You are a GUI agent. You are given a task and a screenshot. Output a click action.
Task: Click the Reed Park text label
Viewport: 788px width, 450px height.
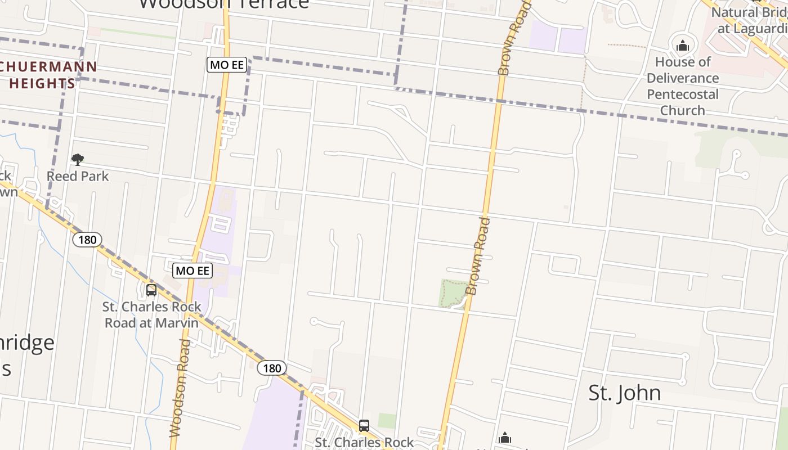[x=78, y=176]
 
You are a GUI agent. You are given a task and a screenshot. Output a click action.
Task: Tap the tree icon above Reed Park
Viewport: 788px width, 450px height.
[x=78, y=160]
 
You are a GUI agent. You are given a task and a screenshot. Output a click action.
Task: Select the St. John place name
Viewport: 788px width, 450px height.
[x=624, y=393]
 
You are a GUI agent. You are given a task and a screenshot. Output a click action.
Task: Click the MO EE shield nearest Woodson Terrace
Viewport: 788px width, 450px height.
[x=227, y=65]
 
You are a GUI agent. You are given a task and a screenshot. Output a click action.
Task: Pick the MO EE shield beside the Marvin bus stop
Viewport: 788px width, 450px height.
[x=192, y=271]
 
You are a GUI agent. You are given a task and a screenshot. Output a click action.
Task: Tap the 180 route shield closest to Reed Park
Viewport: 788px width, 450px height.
[x=87, y=240]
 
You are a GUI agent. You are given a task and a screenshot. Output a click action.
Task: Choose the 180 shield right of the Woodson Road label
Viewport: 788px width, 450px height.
[x=272, y=368]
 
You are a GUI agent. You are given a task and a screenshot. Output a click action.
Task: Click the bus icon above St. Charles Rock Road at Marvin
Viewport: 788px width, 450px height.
[x=151, y=290]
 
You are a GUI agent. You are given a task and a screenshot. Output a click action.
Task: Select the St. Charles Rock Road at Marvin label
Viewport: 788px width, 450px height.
[x=152, y=314]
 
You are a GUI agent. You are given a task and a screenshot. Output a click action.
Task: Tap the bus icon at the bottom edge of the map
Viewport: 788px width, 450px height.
[x=364, y=426]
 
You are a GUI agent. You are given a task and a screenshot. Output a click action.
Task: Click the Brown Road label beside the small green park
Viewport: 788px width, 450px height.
[x=478, y=256]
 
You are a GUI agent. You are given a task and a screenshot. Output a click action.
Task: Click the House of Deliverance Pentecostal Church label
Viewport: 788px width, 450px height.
[x=683, y=85]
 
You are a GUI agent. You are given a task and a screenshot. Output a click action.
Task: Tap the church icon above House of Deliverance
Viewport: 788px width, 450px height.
[x=683, y=46]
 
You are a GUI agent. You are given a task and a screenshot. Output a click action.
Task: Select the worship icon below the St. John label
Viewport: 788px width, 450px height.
[x=505, y=438]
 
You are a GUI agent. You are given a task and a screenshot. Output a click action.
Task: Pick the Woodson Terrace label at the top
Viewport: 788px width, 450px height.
[x=224, y=4]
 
